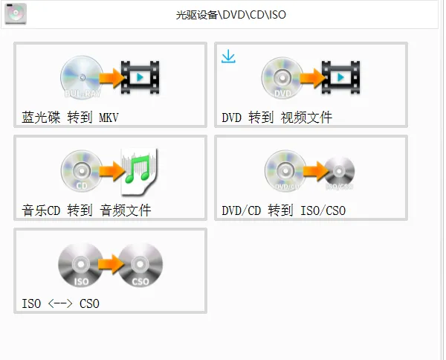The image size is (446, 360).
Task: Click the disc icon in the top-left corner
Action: [x=16, y=13]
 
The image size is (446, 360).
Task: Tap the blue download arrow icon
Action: [x=228, y=57]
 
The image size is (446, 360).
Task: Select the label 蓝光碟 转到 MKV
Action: [x=71, y=118]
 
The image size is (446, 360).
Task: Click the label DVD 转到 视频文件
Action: [x=277, y=118]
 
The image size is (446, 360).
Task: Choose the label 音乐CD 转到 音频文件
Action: [x=87, y=210]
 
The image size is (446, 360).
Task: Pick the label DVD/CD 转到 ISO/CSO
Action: [x=283, y=210]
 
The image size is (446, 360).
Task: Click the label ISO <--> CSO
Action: [x=60, y=303]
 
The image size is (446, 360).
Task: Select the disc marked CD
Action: [x=81, y=170]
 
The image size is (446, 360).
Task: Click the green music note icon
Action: [x=140, y=168]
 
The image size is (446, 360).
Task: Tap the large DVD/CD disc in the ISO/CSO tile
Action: [x=285, y=170]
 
